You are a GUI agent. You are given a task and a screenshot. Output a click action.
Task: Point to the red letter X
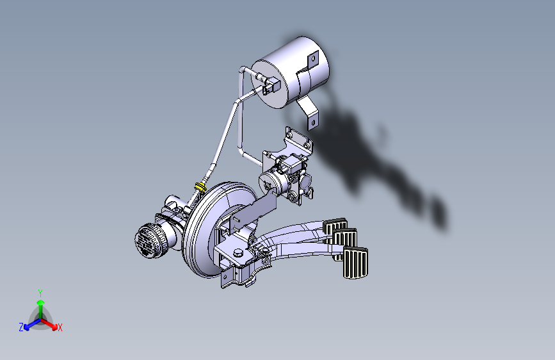[x=60, y=328]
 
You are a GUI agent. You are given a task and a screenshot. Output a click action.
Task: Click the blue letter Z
[x=21, y=327]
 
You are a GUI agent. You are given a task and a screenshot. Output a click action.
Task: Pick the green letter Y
[x=40, y=292]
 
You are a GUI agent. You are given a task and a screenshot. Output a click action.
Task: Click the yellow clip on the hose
[x=201, y=186]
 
